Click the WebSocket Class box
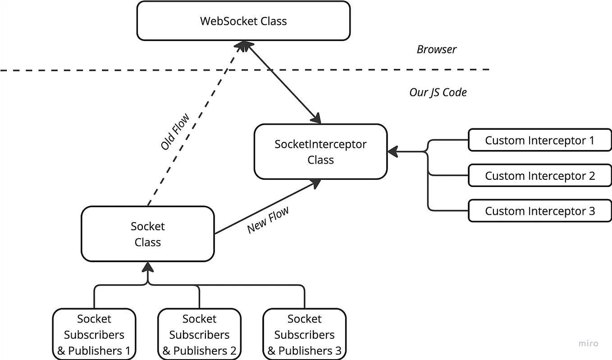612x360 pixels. (x=243, y=21)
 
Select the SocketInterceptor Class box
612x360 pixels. (x=320, y=152)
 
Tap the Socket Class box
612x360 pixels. (x=147, y=234)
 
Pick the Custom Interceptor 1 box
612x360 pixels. (x=539, y=140)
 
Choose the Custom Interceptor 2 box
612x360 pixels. (x=539, y=176)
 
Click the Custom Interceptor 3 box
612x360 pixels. (x=539, y=211)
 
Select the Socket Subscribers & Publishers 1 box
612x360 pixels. (x=94, y=334)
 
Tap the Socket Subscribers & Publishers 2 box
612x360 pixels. (x=199, y=334)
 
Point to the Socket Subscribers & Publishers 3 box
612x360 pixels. (x=304, y=334)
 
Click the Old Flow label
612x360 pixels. (x=175, y=132)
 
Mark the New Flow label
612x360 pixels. (x=268, y=220)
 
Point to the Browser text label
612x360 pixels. (x=436, y=49)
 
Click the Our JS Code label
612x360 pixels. (x=438, y=92)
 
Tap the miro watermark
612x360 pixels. (x=588, y=343)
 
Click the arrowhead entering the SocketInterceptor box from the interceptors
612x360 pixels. (x=392, y=152)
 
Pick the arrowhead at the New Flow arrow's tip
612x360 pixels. (x=316, y=182)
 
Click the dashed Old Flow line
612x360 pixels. (x=194, y=122)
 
